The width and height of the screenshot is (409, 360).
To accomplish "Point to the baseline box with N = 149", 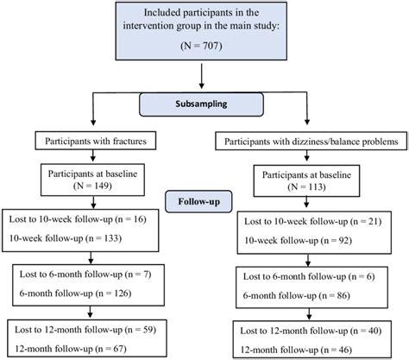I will pos(95,176).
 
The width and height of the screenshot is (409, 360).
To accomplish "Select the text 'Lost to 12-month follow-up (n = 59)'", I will pos(92,328).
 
